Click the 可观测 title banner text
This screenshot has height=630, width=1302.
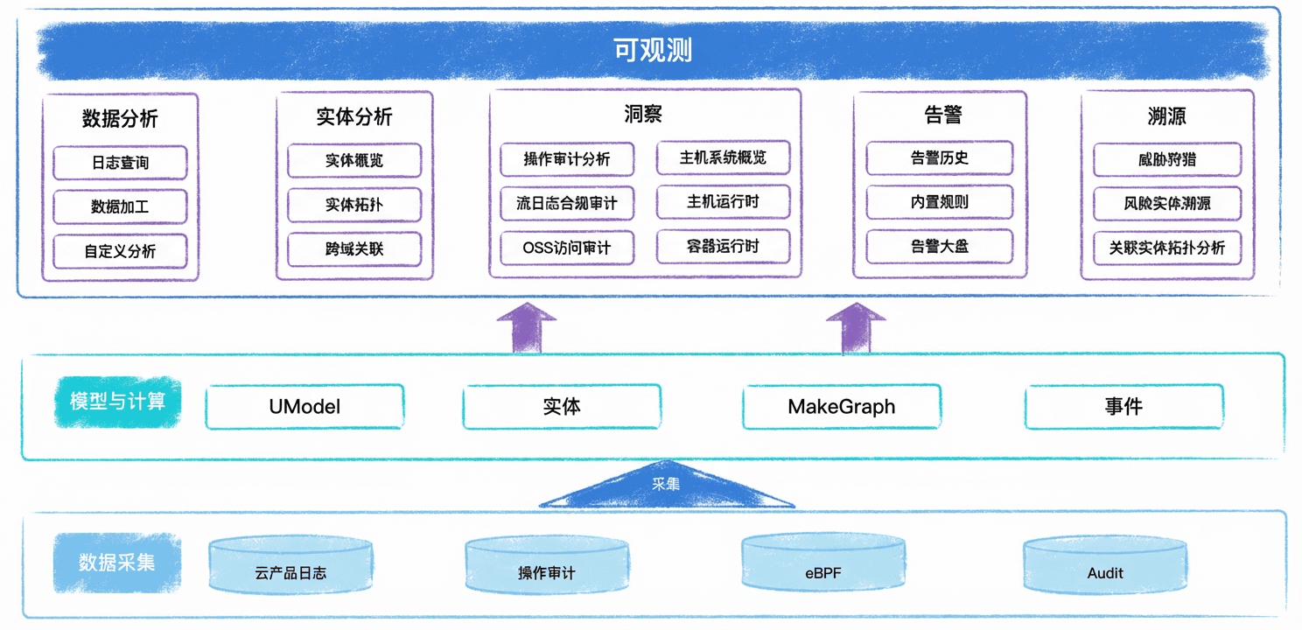click(653, 51)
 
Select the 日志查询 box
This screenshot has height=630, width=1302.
click(121, 163)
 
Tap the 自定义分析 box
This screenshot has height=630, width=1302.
click(121, 251)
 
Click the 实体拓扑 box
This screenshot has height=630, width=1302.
click(354, 205)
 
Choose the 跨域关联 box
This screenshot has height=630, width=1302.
click(354, 249)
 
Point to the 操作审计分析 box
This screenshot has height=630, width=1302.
click(567, 159)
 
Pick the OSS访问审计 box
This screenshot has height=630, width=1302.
click(567, 248)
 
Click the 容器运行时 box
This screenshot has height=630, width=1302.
click(724, 246)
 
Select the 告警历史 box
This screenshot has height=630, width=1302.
click(940, 158)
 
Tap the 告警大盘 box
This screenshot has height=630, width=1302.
click(940, 247)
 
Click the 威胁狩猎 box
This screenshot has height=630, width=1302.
click(1167, 159)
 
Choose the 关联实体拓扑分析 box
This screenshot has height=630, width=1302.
click(1167, 248)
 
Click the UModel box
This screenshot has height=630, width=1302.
click(304, 407)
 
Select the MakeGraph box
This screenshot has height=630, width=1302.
click(842, 407)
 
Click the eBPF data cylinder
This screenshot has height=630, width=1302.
click(822, 563)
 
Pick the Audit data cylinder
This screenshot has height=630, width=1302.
click(1105, 564)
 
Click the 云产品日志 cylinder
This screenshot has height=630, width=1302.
click(291, 565)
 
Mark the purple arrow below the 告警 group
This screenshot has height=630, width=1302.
click(856, 328)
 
